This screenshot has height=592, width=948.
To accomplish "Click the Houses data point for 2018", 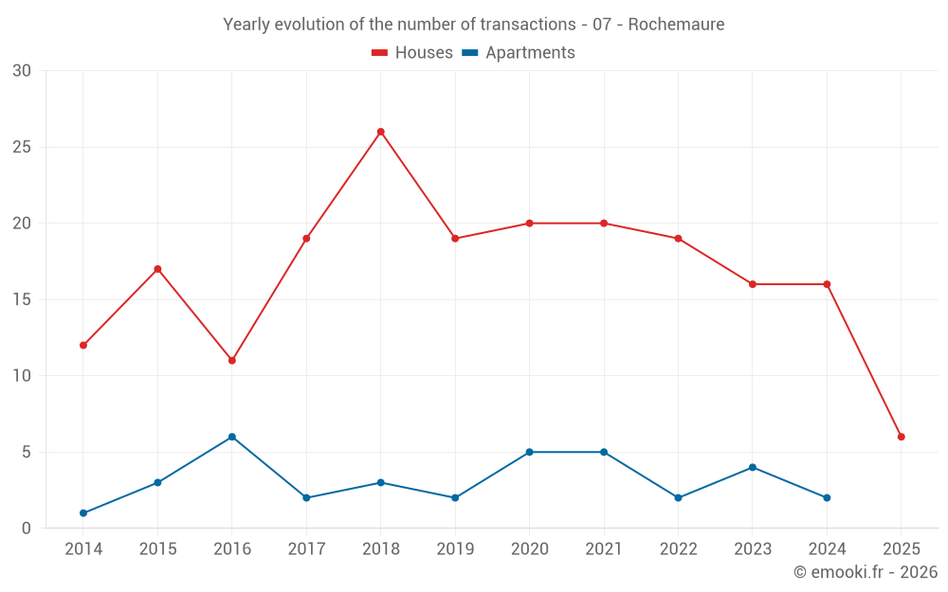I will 381,132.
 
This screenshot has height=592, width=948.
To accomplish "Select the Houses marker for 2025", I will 902,437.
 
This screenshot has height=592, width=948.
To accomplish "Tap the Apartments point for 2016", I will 232,437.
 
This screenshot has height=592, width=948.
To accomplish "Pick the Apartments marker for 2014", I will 83,513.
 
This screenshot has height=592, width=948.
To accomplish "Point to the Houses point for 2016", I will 232,361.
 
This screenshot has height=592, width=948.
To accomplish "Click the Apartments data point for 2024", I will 827,498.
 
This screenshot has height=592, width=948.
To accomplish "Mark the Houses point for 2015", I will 157,269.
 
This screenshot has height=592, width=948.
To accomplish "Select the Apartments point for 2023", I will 753,467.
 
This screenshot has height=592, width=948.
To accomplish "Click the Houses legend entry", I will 412,53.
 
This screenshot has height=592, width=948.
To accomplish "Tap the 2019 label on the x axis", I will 455,549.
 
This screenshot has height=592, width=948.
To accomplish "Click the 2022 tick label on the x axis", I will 678,549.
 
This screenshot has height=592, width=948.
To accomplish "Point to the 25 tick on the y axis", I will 22,148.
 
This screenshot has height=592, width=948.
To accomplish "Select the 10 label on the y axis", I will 22,376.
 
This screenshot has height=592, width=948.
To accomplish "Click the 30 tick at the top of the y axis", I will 22,71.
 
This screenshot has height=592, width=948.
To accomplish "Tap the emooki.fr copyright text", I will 866,572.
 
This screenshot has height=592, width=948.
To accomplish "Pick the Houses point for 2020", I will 529,224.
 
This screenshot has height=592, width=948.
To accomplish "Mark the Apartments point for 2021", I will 604,452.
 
